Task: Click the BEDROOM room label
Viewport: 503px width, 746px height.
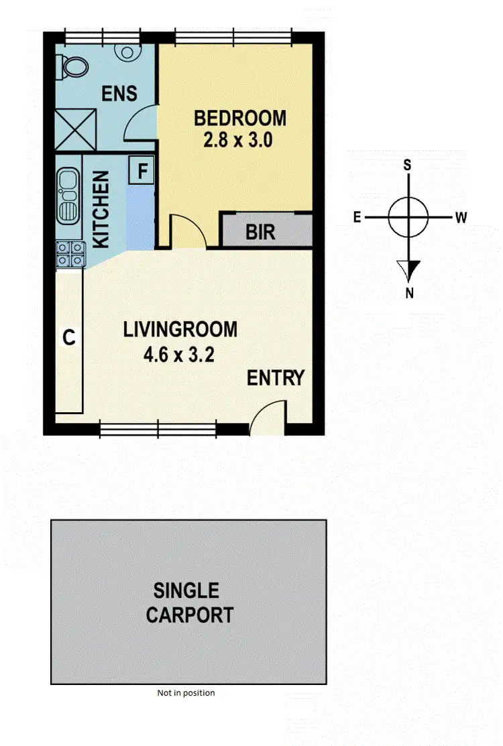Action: (239, 119)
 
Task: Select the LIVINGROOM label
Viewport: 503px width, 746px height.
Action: (180, 330)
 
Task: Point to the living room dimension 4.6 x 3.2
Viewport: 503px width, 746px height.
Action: (179, 355)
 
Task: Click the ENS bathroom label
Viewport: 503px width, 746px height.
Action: (119, 92)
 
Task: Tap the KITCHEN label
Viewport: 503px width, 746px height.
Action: (101, 210)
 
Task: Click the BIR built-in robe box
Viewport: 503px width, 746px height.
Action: (260, 233)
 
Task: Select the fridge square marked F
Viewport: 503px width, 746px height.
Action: (142, 170)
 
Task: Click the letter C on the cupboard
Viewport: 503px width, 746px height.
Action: (68, 338)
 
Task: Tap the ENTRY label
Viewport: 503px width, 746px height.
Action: (276, 378)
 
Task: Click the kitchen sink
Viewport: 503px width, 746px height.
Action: (68, 196)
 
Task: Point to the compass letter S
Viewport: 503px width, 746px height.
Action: (407, 165)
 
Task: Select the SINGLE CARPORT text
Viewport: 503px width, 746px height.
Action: (188, 603)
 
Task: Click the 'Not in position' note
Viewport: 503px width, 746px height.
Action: (186, 693)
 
